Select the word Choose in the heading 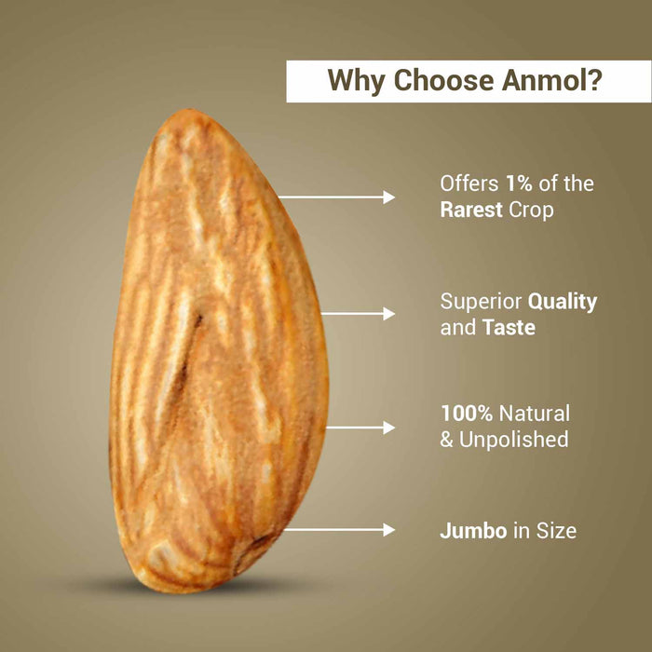[x=443, y=79]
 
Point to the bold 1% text [x=519, y=183]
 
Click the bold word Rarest [x=471, y=210]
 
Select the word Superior [x=482, y=303]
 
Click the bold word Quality [x=563, y=303]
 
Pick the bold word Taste [x=509, y=328]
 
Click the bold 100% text [x=467, y=414]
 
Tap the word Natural [x=535, y=414]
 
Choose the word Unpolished [x=513, y=440]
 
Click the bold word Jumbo [x=473, y=531]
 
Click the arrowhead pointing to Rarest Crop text [x=388, y=197]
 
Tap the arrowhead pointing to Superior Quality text [x=388, y=314]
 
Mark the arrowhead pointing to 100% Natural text [x=388, y=428]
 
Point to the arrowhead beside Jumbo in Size [x=388, y=530]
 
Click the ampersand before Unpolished [x=446, y=440]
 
